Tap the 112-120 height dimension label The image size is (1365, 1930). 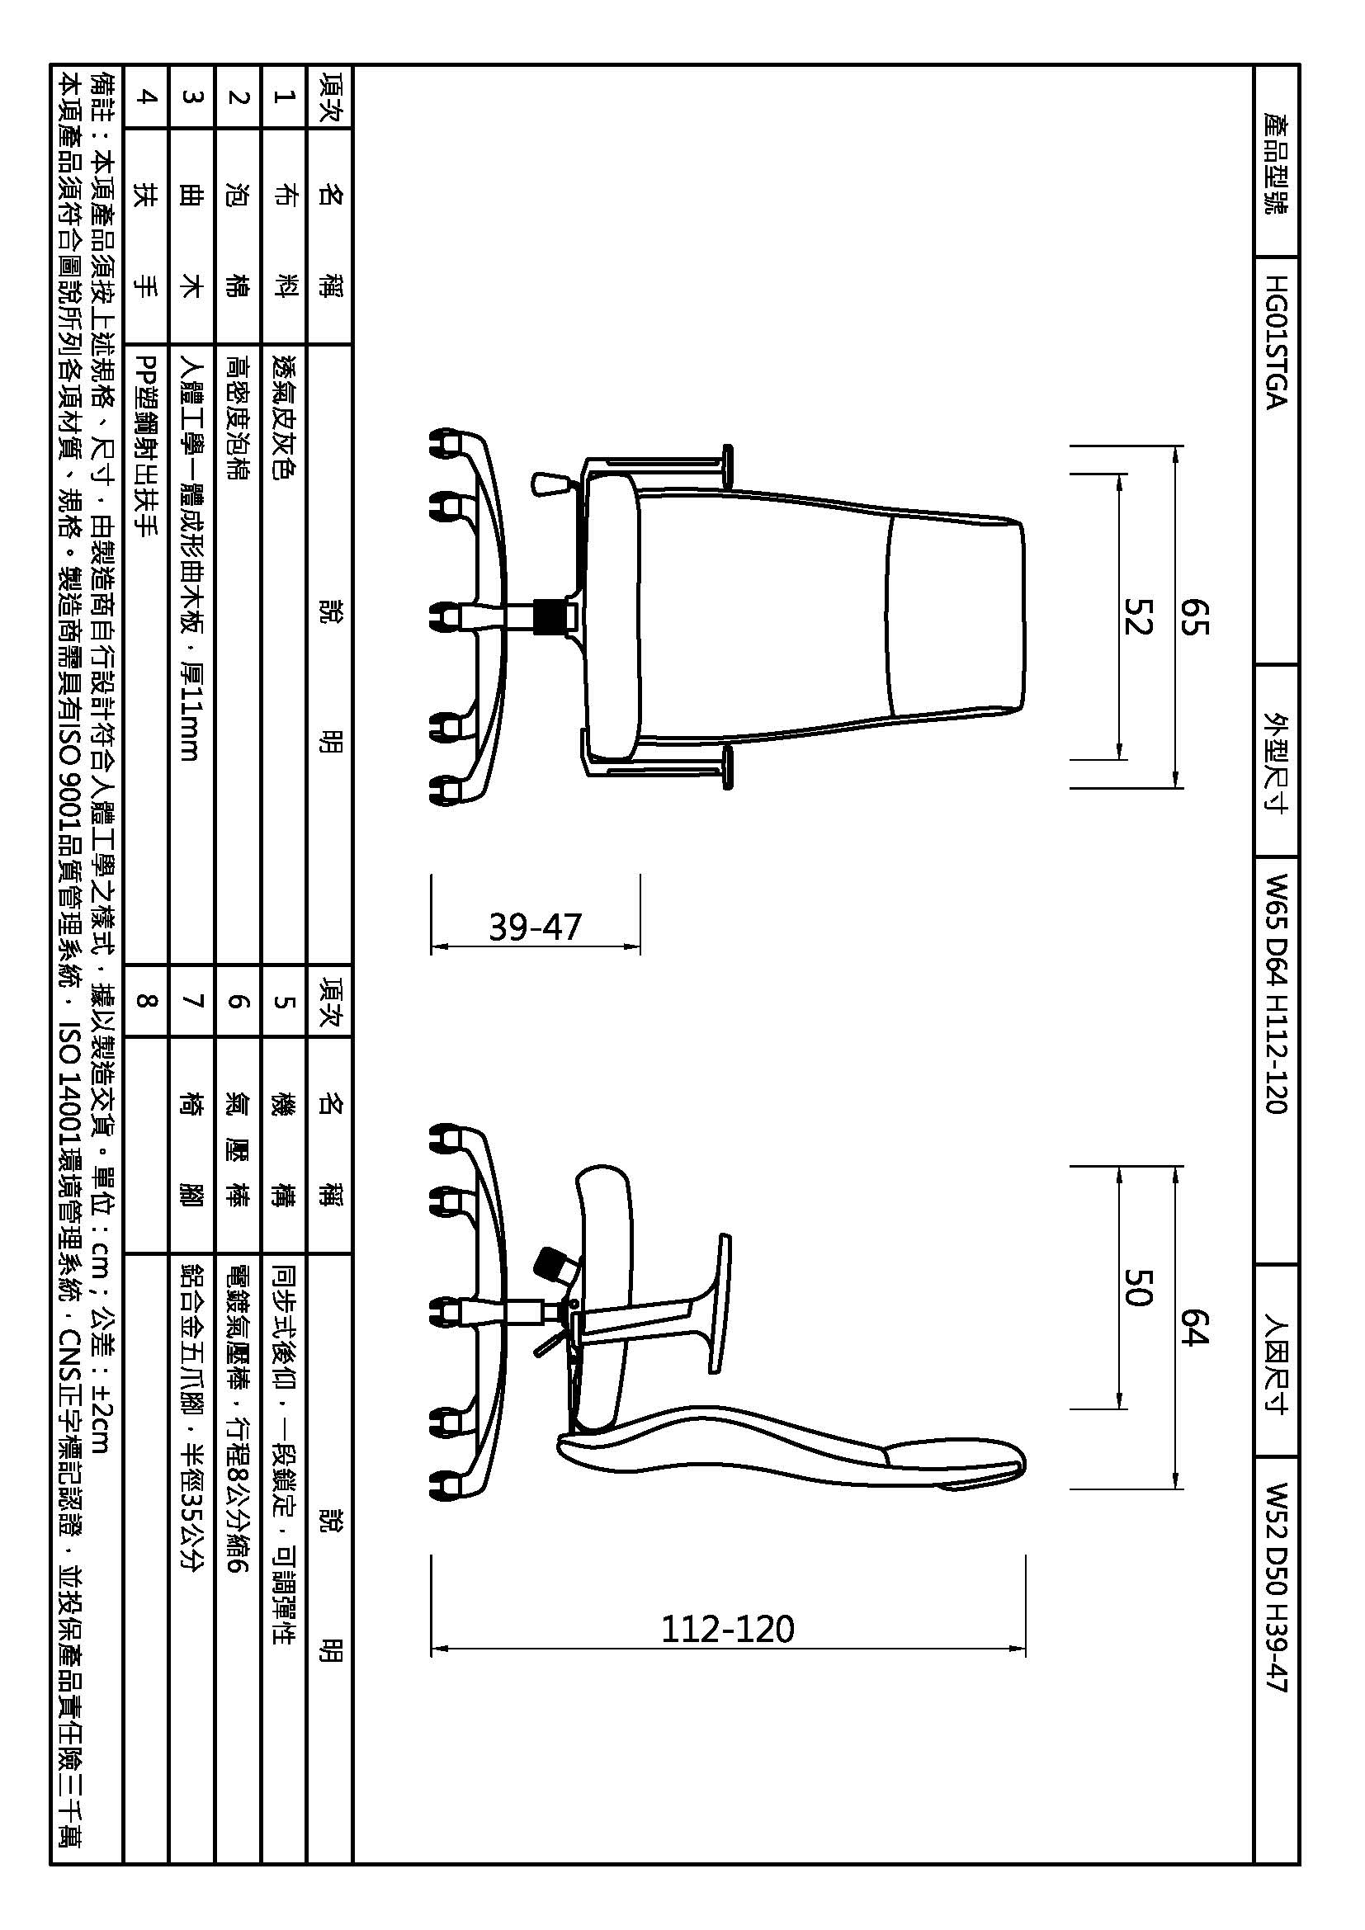(727, 1629)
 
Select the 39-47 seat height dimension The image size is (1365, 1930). (536, 927)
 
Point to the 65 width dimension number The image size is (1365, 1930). (1194, 616)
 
